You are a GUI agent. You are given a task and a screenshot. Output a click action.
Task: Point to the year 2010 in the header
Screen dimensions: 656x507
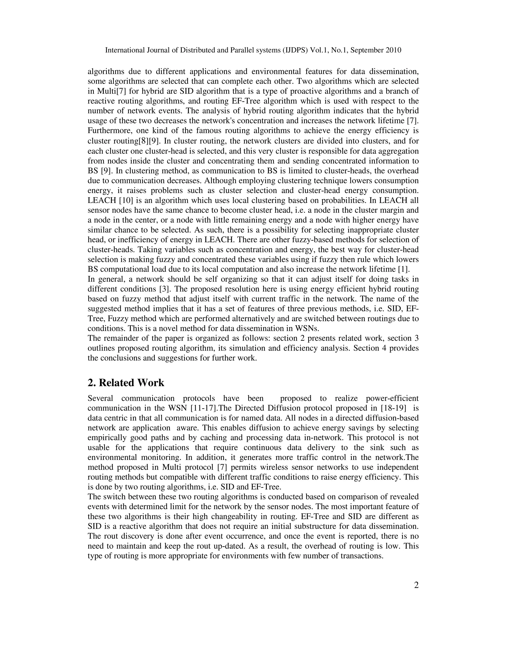pos(393,50)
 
